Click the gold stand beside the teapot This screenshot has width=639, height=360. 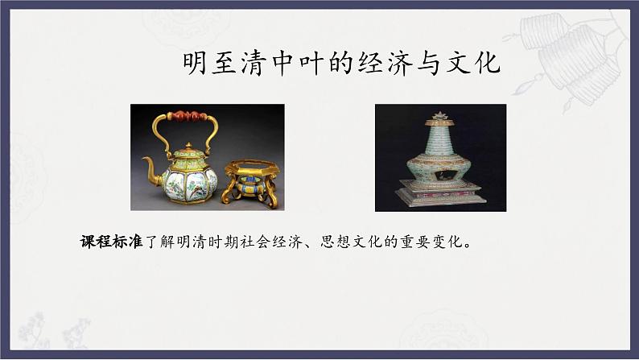coord(250,183)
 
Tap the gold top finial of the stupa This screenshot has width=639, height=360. coord(440,118)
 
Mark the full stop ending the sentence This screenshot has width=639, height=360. coord(468,245)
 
